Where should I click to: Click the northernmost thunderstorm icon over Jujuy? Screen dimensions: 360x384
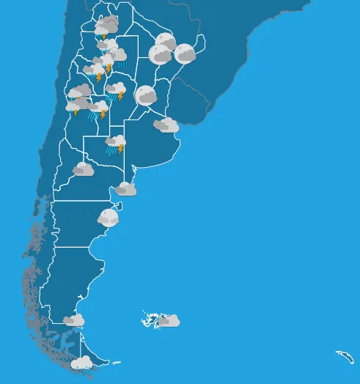[x=107, y=26]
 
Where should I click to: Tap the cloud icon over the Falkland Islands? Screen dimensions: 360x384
[x=169, y=320]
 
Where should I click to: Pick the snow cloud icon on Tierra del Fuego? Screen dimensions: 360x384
[x=81, y=362]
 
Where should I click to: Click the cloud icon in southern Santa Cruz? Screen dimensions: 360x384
[x=73, y=320]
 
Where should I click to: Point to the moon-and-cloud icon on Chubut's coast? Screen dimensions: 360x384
[x=109, y=216]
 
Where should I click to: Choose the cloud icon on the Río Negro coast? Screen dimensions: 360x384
[x=126, y=189]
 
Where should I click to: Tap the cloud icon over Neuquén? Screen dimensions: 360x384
[x=83, y=169]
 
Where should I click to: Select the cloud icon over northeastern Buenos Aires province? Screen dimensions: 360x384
[x=166, y=125]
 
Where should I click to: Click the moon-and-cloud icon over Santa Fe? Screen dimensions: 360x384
[x=146, y=95]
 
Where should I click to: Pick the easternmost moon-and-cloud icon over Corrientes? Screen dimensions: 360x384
[x=185, y=53]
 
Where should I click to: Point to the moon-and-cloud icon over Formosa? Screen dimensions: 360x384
[x=166, y=41]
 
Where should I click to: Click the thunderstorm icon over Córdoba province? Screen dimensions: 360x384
[x=116, y=91]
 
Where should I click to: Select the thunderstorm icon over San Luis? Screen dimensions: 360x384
[x=98, y=109]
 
